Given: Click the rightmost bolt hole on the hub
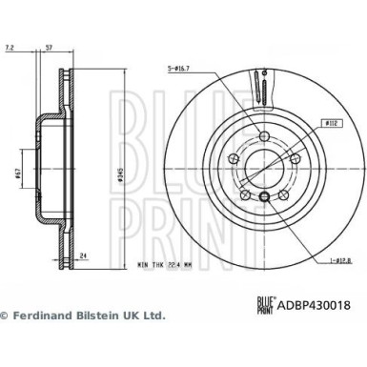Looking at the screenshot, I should click(x=291, y=159).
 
